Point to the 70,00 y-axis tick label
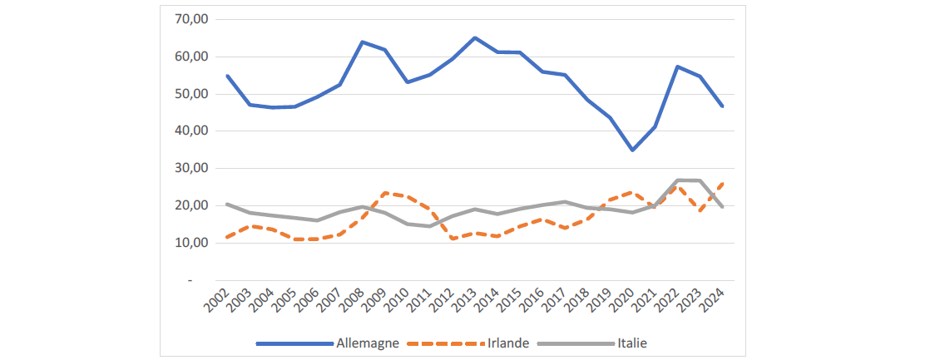(x=191, y=19)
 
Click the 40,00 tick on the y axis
(x=191, y=131)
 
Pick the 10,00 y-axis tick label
(x=191, y=243)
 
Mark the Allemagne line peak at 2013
(x=474, y=38)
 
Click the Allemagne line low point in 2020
(x=632, y=150)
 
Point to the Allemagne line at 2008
(x=362, y=42)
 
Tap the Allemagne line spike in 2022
(x=677, y=67)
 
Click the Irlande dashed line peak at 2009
(x=384, y=193)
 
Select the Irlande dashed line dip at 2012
(x=452, y=239)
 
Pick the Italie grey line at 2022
(x=677, y=180)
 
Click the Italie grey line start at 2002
(x=227, y=204)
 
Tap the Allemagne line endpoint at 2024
(x=722, y=106)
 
